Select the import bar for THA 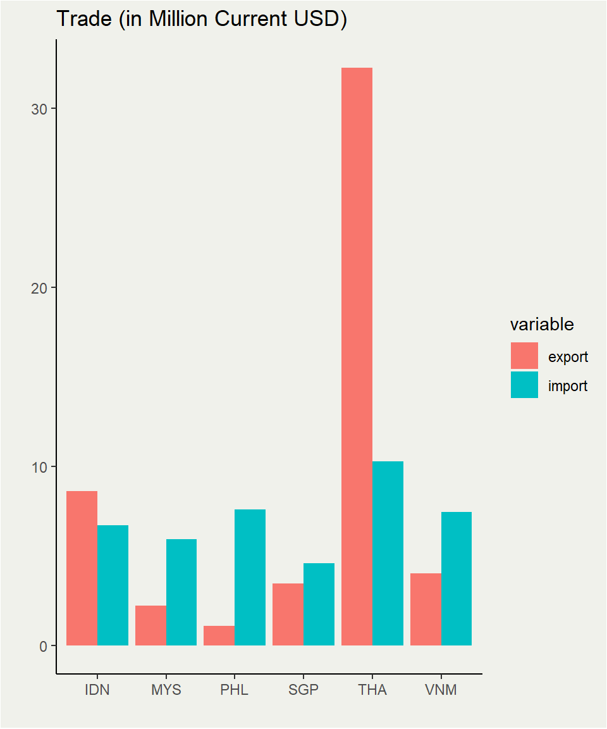pyautogui.click(x=388, y=553)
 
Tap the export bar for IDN pyautogui.click(x=82, y=568)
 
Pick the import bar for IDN pyautogui.click(x=113, y=585)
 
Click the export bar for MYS pyautogui.click(x=150, y=625)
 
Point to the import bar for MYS pyautogui.click(x=181, y=592)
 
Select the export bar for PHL pyautogui.click(x=219, y=635)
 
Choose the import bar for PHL pyautogui.click(x=250, y=577)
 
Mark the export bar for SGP pyautogui.click(x=288, y=614)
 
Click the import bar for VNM pyautogui.click(x=457, y=578)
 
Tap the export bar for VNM pyautogui.click(x=426, y=609)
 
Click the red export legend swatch pyautogui.click(x=524, y=356)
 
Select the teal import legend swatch pyautogui.click(x=524, y=385)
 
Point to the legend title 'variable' pyautogui.click(x=542, y=325)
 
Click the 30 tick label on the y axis pyautogui.click(x=39, y=109)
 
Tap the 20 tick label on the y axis pyautogui.click(x=39, y=288)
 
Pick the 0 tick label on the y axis pyautogui.click(x=43, y=646)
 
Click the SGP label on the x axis pyautogui.click(x=303, y=690)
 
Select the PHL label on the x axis pyautogui.click(x=235, y=690)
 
